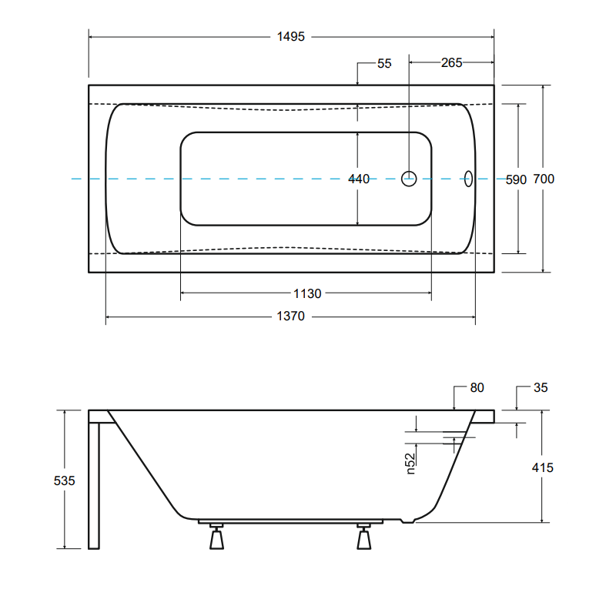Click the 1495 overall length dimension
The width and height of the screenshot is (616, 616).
coord(291,36)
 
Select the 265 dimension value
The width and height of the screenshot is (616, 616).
coord(451,62)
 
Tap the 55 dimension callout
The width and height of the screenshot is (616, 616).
coord(384,63)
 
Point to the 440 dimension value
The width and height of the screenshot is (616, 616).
coord(359,179)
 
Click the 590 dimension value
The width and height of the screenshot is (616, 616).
coord(516,179)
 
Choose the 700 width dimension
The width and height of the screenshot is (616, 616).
coord(544,179)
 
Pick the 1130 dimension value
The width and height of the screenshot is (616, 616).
coord(307,293)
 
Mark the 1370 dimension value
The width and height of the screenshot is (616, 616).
coord(291,316)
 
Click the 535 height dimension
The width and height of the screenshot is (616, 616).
coord(65,480)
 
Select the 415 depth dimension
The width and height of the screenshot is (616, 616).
coord(543,467)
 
